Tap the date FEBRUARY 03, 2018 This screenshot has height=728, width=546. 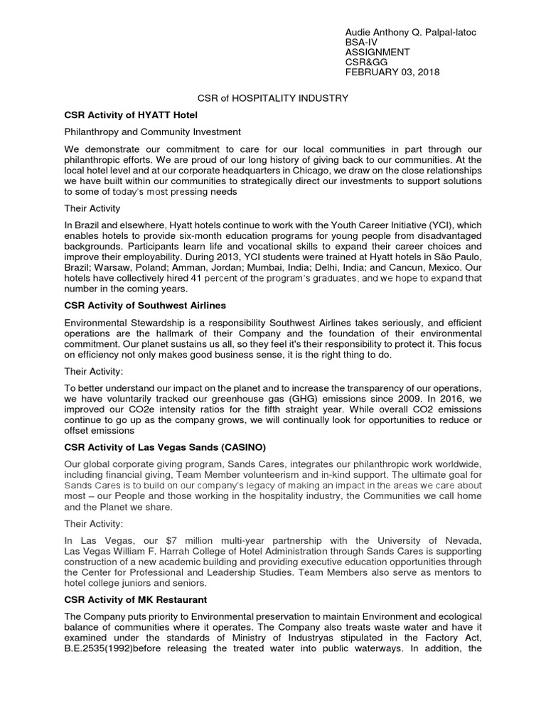click(392, 72)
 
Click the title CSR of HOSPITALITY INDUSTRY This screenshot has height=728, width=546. click(272, 98)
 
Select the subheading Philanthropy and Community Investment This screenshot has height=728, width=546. click(152, 132)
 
